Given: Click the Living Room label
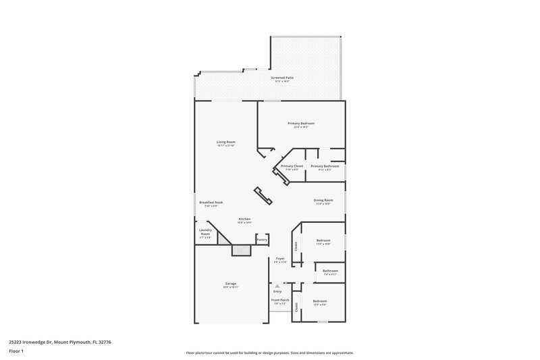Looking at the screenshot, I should tap(225, 142).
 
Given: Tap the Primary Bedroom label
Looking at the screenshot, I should tap(301, 124).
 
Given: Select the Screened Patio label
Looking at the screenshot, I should tap(282, 78).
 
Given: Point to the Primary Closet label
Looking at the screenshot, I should tap(292, 166).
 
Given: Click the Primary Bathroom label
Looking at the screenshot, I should tap(325, 166).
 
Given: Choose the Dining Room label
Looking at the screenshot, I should tap(323, 200).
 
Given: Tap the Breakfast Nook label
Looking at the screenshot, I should tap(211, 203).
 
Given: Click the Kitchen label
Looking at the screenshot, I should tap(244, 220).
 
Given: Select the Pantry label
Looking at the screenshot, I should tap(262, 239).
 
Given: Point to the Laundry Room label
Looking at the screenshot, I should tap(205, 232).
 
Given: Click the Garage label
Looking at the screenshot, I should tap(231, 284).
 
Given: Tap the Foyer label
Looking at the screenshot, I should tap(280, 259).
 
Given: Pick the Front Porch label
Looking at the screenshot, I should tap(280, 300).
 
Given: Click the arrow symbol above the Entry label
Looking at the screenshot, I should tap(277, 286).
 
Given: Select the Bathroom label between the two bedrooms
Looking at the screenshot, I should tap(330, 272).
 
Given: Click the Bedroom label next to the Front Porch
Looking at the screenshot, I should tap(319, 301).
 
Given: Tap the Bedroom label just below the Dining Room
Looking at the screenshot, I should tap(323, 241).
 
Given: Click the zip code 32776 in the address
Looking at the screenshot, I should tap(103, 342).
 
